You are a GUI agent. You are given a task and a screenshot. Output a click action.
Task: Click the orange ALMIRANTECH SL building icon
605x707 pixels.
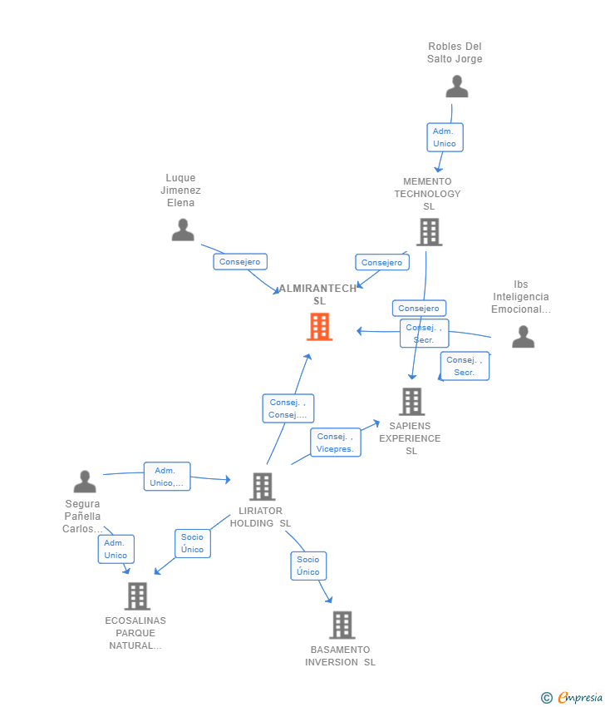(x=319, y=326)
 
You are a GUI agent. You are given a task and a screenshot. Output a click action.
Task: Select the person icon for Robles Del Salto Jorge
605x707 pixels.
(x=457, y=87)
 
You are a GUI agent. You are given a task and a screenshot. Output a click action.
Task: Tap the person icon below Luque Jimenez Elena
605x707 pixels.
(x=183, y=230)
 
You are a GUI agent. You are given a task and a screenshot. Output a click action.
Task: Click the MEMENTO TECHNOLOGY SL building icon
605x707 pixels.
(x=430, y=232)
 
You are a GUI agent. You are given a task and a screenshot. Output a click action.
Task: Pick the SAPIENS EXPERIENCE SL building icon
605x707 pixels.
(x=411, y=401)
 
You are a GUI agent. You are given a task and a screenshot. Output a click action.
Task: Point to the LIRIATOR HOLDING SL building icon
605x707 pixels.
(x=262, y=487)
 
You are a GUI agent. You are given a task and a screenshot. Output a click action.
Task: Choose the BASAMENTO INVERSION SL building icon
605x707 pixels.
(x=342, y=625)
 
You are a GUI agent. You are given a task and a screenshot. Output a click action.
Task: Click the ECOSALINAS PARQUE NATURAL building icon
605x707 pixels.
(x=137, y=596)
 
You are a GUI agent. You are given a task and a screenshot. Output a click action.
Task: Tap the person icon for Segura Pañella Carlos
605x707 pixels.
(x=85, y=482)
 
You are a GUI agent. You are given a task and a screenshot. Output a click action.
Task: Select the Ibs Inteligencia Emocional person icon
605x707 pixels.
(x=523, y=336)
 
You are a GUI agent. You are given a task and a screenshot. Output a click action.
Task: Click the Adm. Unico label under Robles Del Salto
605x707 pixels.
(x=445, y=137)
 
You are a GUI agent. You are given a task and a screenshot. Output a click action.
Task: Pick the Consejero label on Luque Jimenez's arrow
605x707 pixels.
(x=240, y=262)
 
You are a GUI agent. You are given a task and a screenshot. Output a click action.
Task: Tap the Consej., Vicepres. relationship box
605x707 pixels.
(x=336, y=442)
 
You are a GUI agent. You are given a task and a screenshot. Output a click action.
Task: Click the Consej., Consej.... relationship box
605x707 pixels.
(x=288, y=408)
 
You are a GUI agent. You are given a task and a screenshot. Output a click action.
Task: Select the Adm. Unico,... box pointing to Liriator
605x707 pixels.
(x=167, y=477)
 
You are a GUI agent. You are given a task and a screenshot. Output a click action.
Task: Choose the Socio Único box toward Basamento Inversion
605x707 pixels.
(x=308, y=566)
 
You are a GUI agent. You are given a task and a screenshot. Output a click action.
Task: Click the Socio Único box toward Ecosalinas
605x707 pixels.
(x=193, y=543)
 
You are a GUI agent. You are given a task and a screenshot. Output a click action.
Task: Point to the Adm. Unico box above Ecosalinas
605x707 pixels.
(x=116, y=549)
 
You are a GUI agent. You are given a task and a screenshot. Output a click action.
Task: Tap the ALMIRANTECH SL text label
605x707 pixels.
(x=318, y=294)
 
